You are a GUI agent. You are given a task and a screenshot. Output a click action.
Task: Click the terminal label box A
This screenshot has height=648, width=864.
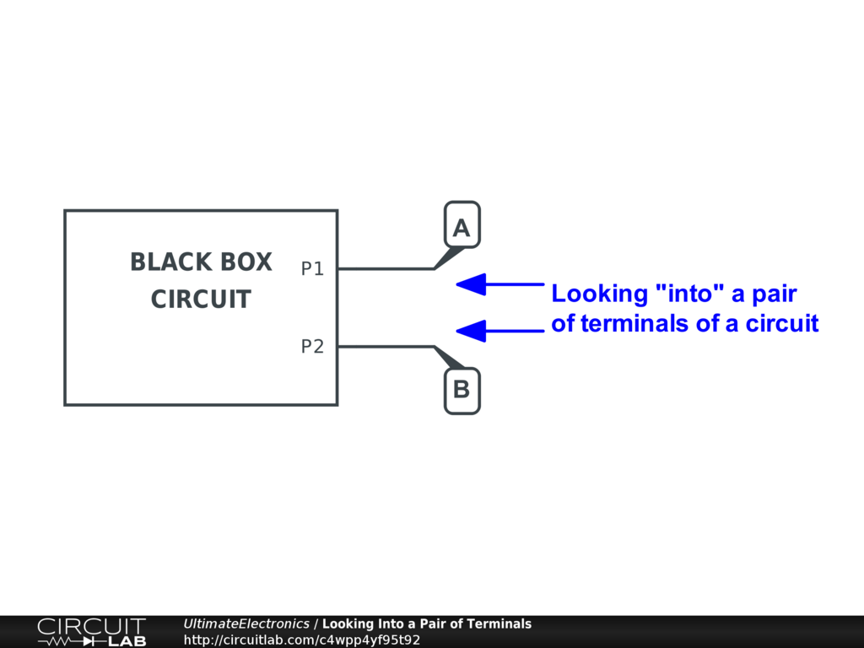coord(462,225)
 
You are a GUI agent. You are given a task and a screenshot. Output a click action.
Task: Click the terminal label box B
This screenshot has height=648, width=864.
coord(462,391)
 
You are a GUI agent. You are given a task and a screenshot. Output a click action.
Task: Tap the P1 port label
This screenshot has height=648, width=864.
coord(312,269)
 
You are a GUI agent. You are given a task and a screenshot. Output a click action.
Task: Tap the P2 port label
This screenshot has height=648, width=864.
coord(312,347)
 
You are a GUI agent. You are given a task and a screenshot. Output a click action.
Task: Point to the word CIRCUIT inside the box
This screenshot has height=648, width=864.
coord(201,300)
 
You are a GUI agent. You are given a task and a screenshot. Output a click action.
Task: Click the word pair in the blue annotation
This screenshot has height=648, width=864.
coord(771,294)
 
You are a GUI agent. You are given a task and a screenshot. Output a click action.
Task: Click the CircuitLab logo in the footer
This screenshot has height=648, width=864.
coord(91,632)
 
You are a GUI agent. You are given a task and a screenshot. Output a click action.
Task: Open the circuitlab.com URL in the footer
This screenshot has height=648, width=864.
coord(302,640)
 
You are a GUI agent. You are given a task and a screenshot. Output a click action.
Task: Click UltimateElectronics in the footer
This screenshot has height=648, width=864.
coord(246,624)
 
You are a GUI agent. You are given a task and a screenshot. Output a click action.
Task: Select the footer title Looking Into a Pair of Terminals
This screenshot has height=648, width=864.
coord(427,624)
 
